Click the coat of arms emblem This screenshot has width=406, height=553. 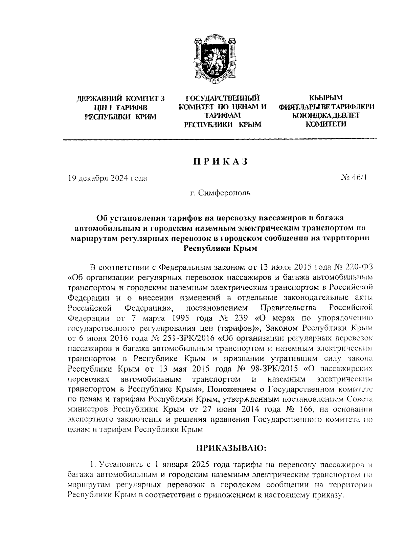coord(212,60)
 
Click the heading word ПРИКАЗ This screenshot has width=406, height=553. coord(221,162)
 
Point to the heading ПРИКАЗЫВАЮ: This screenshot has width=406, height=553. coord(232,448)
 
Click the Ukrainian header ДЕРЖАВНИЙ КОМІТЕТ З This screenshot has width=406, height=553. coord(120,99)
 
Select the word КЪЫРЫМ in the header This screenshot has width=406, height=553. coord(326,98)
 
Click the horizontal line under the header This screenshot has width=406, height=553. coord(220,139)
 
